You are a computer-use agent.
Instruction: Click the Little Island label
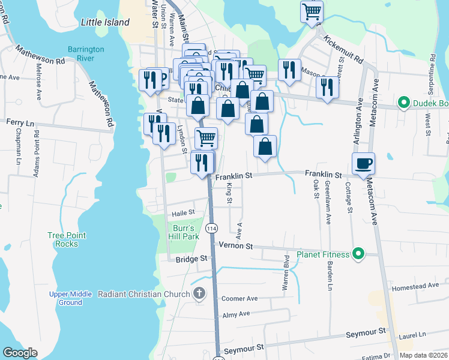coord(105,22)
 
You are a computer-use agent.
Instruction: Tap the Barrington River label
coord(86,54)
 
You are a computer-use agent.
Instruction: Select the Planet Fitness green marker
coord(358,254)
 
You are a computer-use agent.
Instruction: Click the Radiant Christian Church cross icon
coord(200,293)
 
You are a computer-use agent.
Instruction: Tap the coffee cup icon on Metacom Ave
coord(363,163)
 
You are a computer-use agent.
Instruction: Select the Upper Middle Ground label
coord(70,298)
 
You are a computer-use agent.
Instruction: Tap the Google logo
coord(20,353)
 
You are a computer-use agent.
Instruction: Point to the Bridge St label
coord(191,259)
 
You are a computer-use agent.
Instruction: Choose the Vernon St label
coord(236,246)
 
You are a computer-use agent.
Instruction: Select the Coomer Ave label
coord(240,298)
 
